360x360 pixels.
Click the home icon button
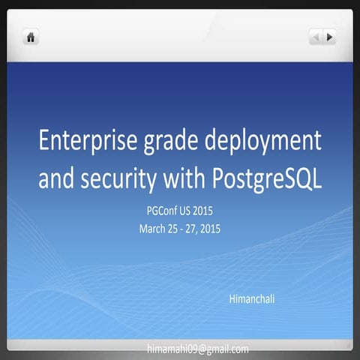(31, 37)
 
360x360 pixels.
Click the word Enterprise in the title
(87, 140)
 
